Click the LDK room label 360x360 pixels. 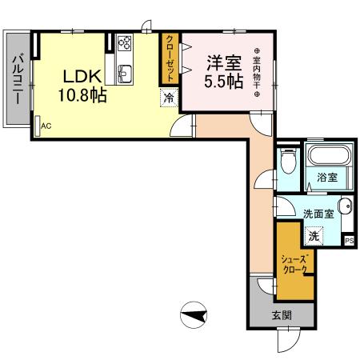[82, 77]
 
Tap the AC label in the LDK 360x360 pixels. [46, 126]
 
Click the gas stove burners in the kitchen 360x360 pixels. [125, 43]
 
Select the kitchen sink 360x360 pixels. [125, 74]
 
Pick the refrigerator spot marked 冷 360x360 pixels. [169, 98]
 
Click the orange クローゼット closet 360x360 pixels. [170, 58]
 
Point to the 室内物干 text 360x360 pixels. [257, 70]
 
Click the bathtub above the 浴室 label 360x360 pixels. [329, 156]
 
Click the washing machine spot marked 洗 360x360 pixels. [314, 236]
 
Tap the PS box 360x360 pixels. [349, 240]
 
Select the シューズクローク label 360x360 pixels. [294, 264]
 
